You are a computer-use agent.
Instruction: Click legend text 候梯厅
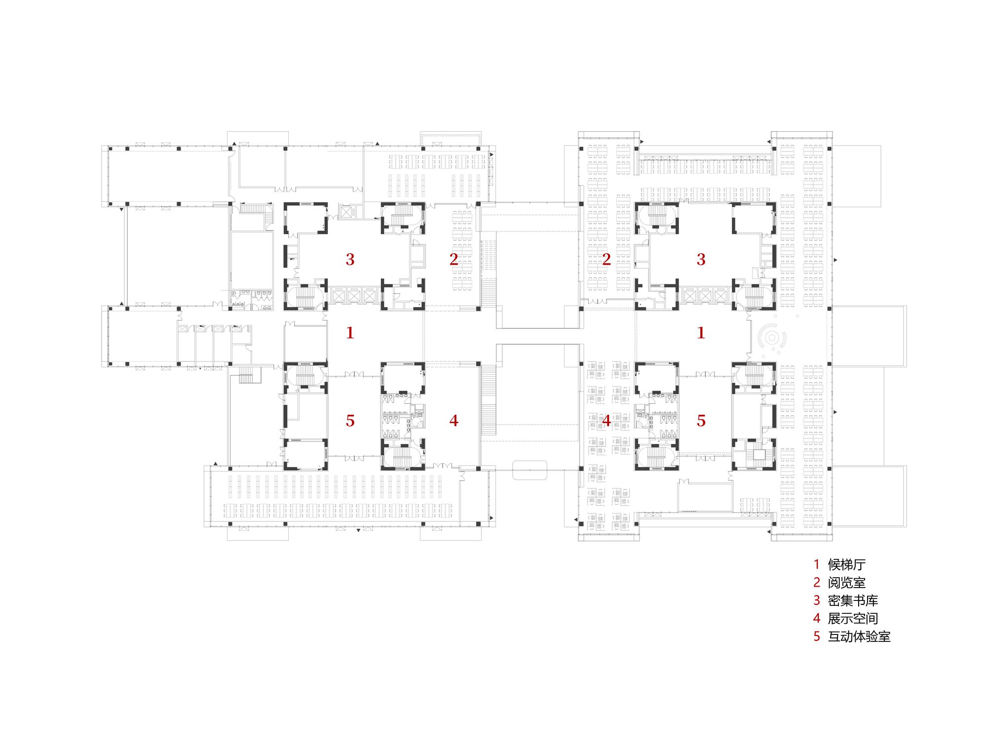[846, 564]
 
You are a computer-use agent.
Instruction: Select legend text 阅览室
[846, 583]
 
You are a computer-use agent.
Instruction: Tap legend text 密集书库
[853, 600]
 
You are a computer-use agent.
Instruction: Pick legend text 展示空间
[853, 618]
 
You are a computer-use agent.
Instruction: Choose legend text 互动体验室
[859, 636]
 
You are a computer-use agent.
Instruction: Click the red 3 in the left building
[350, 259]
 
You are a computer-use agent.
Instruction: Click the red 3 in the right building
[701, 259]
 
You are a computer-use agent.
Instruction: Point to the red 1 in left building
[350, 333]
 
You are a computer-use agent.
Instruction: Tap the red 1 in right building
[701, 333]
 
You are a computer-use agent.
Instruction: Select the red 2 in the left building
[454, 259]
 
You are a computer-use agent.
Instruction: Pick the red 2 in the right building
[607, 259]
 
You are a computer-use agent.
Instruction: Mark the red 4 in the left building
[454, 421]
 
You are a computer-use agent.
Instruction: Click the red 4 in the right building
[607, 421]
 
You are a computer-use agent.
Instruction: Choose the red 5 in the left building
[350, 421]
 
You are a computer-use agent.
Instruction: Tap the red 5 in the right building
[701, 421]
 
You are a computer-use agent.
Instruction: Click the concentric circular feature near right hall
[772, 338]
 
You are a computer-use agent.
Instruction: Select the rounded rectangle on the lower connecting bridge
[530, 470]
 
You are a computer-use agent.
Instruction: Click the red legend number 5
[817, 636]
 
